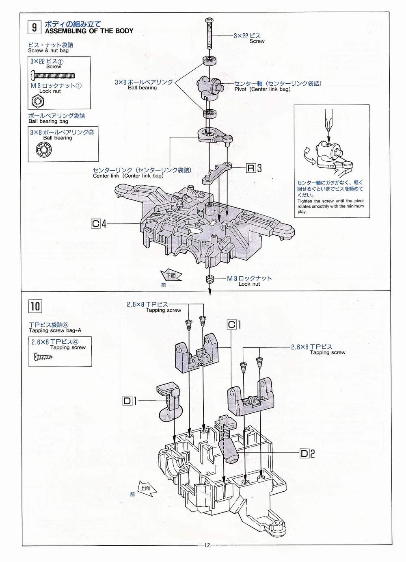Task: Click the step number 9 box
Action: (x=34, y=27)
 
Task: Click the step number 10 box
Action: (x=35, y=306)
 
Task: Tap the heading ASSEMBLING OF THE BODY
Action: (x=89, y=31)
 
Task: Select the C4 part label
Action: (x=99, y=223)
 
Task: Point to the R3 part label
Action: (x=254, y=168)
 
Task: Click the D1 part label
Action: (x=130, y=401)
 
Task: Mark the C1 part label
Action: (x=234, y=325)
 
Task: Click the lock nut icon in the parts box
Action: (x=38, y=101)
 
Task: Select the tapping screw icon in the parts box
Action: (x=43, y=356)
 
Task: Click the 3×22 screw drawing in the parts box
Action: (x=54, y=74)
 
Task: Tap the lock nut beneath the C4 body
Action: (x=209, y=278)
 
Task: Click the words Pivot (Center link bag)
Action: (x=262, y=89)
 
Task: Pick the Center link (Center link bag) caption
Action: (x=128, y=176)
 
